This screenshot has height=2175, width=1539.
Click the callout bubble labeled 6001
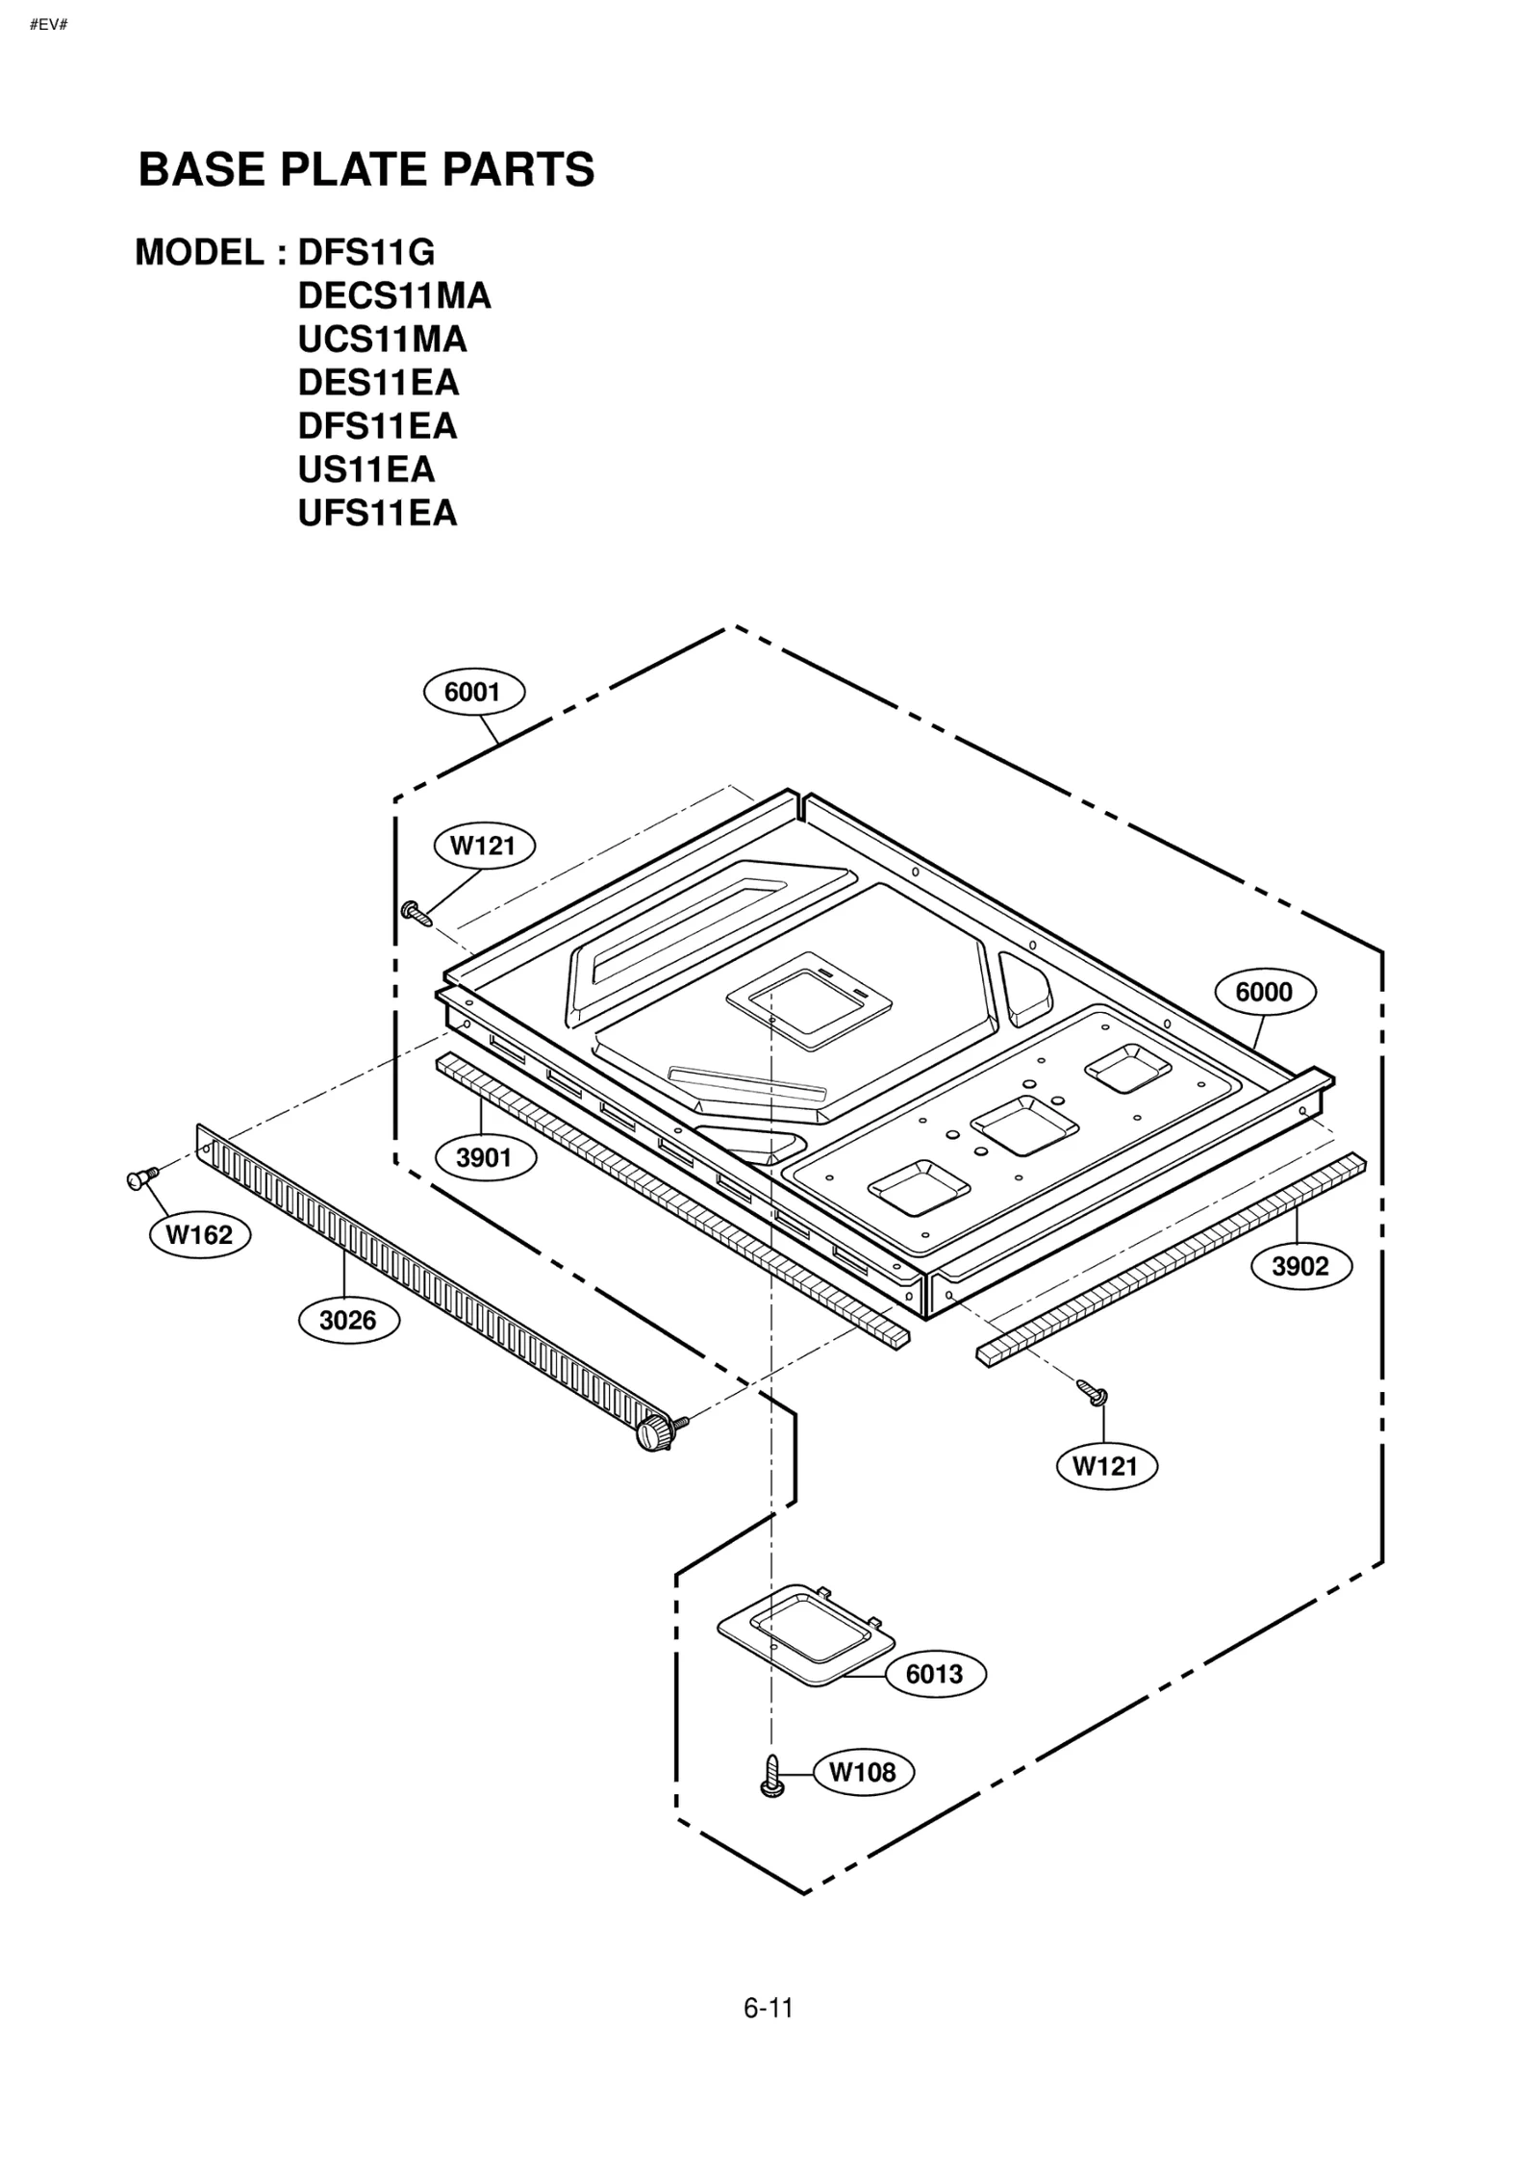click(473, 692)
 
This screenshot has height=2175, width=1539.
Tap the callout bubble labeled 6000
click(1264, 992)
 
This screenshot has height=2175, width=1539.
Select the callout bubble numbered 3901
click(484, 1157)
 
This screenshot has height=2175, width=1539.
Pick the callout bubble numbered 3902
click(1300, 1266)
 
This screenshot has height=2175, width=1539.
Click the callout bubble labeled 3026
click(348, 1320)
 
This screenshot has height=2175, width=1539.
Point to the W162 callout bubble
click(199, 1234)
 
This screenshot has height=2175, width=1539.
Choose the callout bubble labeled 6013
click(934, 1674)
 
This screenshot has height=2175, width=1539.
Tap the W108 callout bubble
click(862, 1771)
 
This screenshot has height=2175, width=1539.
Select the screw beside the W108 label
click(771, 1776)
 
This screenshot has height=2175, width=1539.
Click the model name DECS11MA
click(394, 295)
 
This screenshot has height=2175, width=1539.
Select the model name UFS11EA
click(377, 513)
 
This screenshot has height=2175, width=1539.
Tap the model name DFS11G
click(366, 252)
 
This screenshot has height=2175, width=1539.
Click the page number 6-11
click(768, 2008)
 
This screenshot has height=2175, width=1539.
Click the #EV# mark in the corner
click(48, 24)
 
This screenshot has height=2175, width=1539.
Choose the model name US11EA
click(366, 469)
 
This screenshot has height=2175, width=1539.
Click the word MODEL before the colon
click(199, 252)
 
